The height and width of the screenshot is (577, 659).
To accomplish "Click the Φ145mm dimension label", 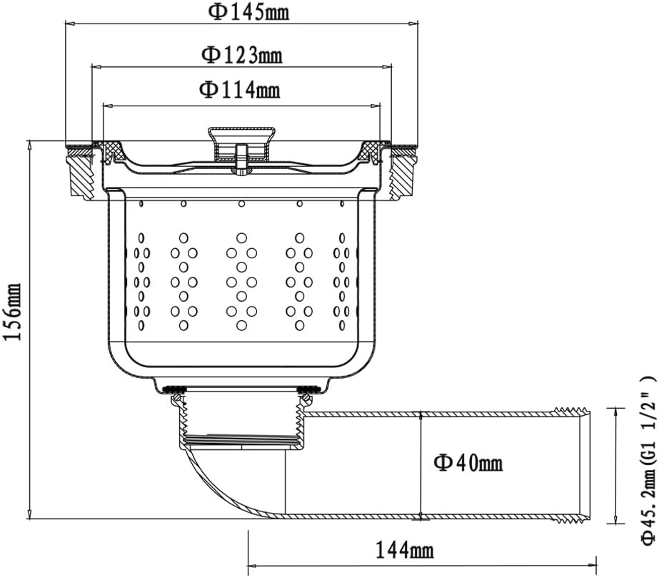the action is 248,13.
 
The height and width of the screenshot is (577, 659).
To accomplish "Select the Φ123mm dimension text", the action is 242,55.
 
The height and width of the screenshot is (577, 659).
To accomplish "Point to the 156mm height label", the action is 11,312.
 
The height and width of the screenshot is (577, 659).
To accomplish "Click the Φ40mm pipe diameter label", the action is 468,463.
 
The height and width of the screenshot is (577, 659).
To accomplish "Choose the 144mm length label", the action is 404,550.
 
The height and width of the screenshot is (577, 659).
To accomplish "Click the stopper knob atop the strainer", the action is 241,143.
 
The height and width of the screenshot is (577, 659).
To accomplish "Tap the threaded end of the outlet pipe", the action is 573,466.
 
